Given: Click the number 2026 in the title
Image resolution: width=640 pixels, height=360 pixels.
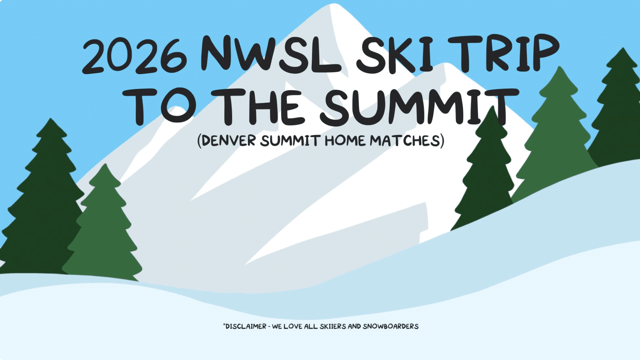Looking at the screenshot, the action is coord(135,56).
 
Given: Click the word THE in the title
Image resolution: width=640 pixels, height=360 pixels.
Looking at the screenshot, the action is coord(256,107).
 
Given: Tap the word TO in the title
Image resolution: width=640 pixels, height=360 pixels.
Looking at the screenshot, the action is coord(159,107).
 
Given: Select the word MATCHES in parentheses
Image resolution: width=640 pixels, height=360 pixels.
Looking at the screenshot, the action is coord(405,141).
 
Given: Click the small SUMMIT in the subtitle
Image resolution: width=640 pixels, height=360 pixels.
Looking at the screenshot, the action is coord(290,141).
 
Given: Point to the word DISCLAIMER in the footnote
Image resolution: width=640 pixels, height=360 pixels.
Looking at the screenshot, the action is coord(246,326).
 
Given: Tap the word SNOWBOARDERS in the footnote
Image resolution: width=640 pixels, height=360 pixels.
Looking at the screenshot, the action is coord(391,326).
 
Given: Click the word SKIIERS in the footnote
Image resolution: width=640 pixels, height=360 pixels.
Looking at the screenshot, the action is coord(333,326).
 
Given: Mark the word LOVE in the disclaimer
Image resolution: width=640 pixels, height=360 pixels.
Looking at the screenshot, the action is coord(293,326).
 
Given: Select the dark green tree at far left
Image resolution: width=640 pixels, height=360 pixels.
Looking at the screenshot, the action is coord(43,204).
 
